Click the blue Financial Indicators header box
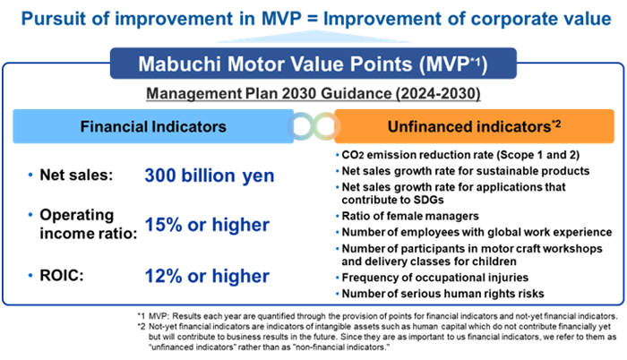(153, 126)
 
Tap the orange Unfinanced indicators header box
(474, 126)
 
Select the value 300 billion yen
(210, 176)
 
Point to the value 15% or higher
(207, 225)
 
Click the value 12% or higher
(207, 276)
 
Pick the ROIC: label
(62, 276)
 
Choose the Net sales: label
(76, 175)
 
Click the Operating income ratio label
(89, 225)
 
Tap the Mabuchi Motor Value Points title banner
(313, 64)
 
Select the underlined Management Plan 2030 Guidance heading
(313, 94)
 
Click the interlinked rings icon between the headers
(313, 126)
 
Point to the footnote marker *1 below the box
(142, 316)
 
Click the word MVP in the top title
(281, 19)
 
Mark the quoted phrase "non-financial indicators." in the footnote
(342, 347)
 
